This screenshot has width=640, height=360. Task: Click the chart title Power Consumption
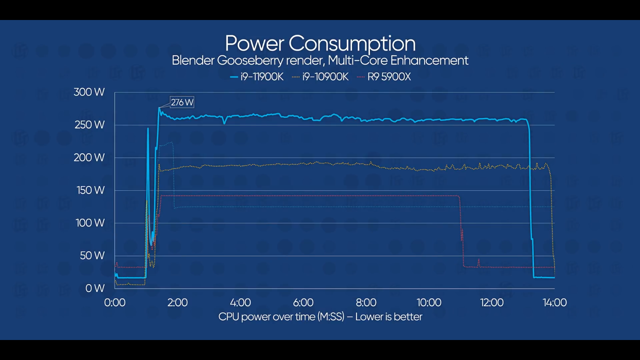tap(320, 43)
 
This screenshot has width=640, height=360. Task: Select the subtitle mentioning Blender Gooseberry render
tap(320, 60)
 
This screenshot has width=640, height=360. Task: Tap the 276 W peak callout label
tap(182, 102)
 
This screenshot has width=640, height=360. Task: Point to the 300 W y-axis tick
tap(89, 92)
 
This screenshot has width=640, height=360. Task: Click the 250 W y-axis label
tap(90, 125)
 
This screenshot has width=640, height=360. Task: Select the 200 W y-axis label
tap(89, 158)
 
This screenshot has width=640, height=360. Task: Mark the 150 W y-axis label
tap(90, 190)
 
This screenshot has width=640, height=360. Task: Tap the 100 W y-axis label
tap(90, 223)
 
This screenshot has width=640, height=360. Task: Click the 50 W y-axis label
tap(92, 256)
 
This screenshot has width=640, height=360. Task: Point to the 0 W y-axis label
tap(95, 288)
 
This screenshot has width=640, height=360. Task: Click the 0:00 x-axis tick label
tap(115, 302)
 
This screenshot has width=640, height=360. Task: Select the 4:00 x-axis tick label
tap(240, 302)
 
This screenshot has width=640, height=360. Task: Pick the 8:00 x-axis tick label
tap(366, 302)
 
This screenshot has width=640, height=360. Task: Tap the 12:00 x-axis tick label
tap(492, 302)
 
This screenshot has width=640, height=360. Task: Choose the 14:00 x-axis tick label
tap(554, 302)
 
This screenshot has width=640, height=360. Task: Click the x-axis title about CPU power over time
tap(320, 317)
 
